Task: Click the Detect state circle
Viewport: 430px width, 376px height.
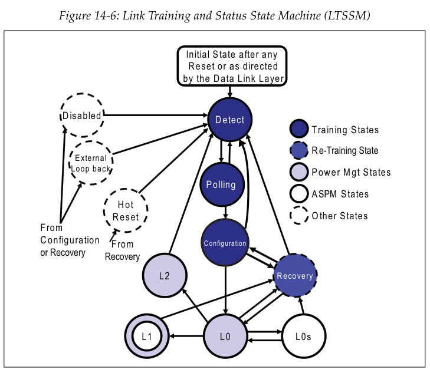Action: click(x=229, y=120)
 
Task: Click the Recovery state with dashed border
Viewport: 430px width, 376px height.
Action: click(x=295, y=275)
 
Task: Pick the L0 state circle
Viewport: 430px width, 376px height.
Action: click(x=225, y=337)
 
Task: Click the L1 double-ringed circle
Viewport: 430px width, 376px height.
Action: click(x=147, y=337)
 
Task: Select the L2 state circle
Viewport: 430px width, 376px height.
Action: click(x=165, y=275)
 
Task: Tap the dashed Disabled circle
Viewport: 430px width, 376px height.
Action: click(x=82, y=116)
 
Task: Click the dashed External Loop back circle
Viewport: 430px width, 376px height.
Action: click(x=91, y=163)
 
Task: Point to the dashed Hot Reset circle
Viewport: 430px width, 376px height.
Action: click(x=126, y=210)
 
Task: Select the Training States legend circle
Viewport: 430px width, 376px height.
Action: click(x=299, y=130)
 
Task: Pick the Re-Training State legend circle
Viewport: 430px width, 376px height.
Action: click(x=299, y=151)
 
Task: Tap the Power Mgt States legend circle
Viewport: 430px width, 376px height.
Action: click(x=299, y=172)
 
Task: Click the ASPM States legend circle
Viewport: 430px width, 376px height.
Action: click(x=299, y=194)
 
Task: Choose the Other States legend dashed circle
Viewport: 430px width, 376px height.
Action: click(x=299, y=216)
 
